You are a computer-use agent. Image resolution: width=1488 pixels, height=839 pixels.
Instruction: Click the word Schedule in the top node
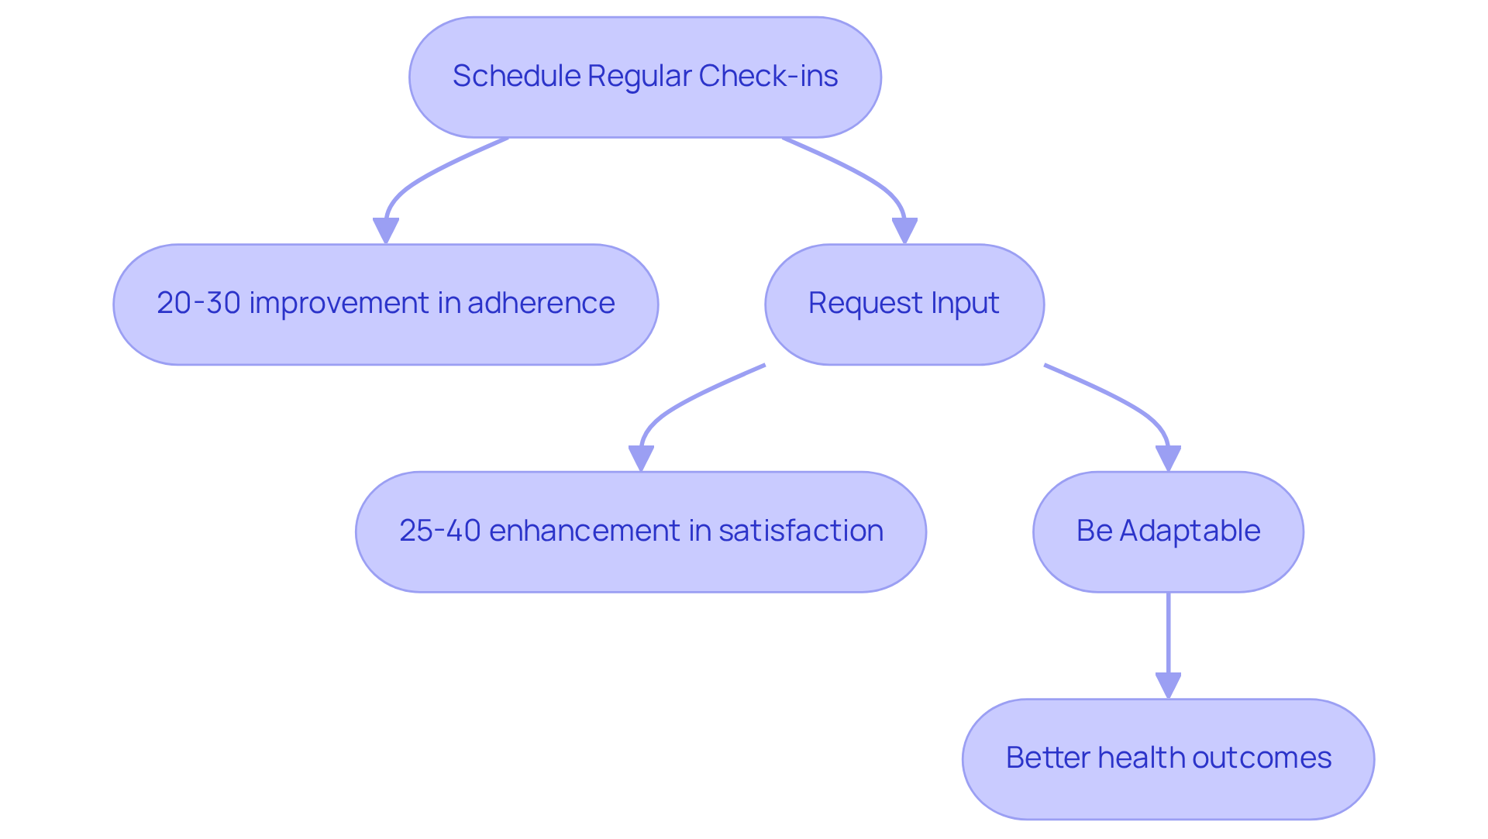click(x=516, y=76)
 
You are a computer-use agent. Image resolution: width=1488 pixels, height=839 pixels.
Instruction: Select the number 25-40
click(x=440, y=531)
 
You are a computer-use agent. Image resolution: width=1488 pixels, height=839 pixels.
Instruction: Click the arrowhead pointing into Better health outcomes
click(x=1168, y=686)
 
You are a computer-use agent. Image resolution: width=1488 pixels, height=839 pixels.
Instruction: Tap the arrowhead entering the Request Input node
click(x=904, y=230)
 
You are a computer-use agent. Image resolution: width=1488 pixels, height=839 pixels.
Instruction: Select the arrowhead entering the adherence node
click(x=385, y=230)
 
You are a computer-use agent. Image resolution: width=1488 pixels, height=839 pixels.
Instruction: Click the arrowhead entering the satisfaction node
click(x=641, y=458)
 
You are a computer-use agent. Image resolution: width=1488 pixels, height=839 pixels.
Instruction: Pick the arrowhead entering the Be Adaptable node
click(x=1168, y=458)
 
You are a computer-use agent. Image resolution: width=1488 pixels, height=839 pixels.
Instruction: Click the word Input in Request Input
click(x=965, y=303)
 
